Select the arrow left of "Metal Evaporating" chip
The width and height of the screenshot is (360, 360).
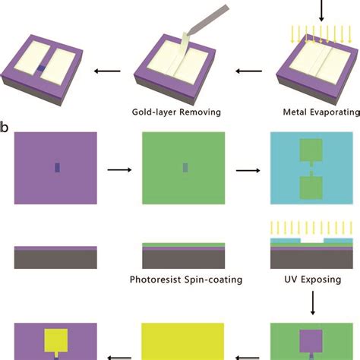click(246, 72)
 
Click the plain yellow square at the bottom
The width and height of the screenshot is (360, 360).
click(183, 341)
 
